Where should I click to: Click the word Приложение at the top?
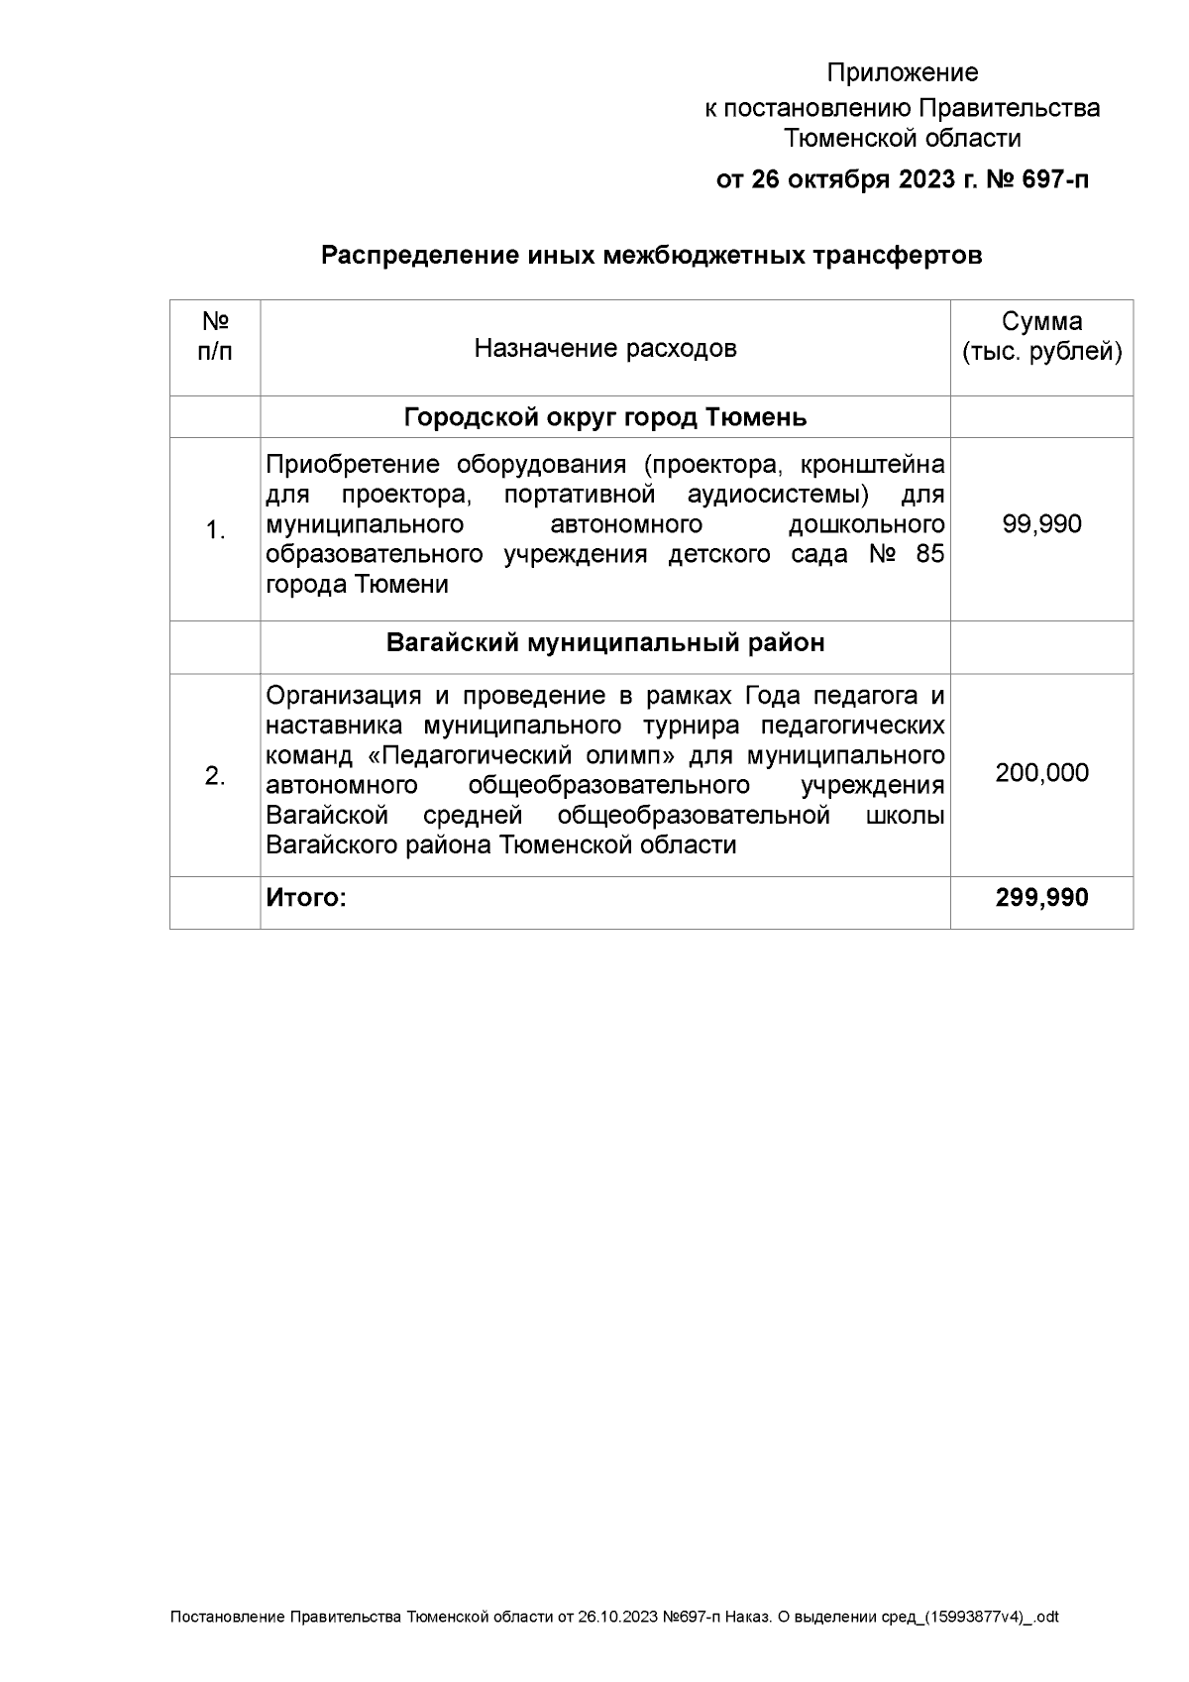(902, 72)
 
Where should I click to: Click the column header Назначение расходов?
(604, 348)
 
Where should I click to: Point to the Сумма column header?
(1041, 321)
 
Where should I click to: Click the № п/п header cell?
(215, 337)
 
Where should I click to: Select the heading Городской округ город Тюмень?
(604, 417)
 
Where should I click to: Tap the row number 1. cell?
(215, 531)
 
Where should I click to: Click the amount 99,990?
(1041, 523)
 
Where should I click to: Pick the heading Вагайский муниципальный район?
(604, 643)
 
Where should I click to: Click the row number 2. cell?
(215, 776)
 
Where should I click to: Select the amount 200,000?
(1041, 772)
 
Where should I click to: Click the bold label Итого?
(306, 898)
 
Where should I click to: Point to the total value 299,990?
(1041, 898)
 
